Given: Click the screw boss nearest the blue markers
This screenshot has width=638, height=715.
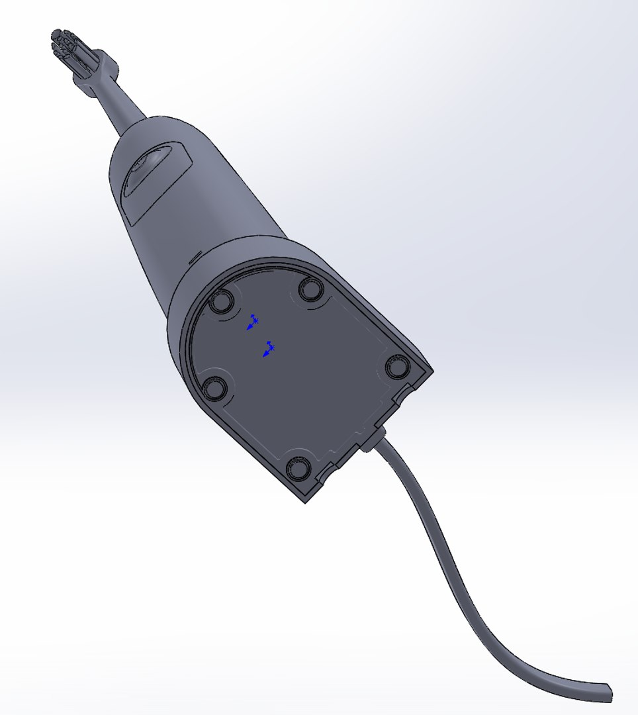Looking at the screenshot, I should point(220,303).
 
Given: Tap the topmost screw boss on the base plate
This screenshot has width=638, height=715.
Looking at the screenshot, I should point(310,289).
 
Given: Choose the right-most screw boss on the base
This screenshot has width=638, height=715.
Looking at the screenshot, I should point(398,366).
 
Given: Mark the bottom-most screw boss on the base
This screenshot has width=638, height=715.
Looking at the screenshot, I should point(298,469).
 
